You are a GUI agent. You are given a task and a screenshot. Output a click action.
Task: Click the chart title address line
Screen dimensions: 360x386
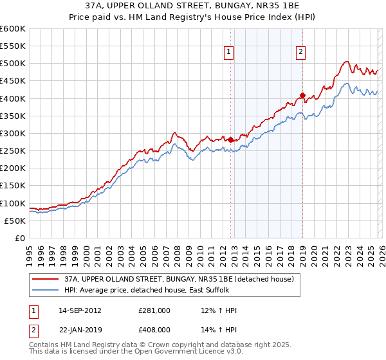point(193,7)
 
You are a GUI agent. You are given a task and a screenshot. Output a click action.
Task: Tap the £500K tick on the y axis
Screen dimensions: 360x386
point(12,64)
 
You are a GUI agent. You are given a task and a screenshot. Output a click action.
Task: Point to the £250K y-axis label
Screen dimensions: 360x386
point(12,151)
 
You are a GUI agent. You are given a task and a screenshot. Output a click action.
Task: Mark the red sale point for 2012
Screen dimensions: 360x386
point(231,139)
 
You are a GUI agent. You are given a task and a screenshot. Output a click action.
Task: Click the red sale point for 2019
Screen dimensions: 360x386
point(302,95)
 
